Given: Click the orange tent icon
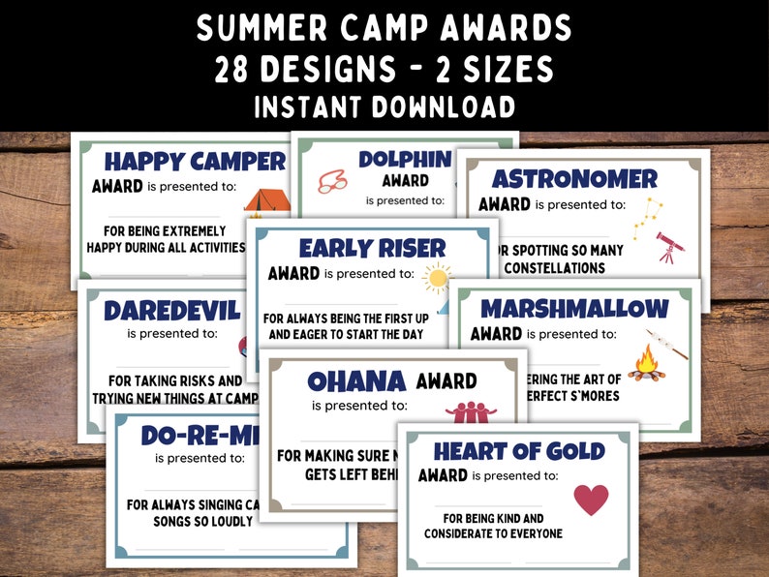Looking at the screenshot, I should coord(267,200).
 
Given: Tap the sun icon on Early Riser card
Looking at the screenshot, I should coord(438,279).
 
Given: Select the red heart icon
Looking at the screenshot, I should coord(591,499).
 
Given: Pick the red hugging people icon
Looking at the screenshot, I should coord(470,410).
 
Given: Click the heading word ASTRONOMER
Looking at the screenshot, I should coord(574,179).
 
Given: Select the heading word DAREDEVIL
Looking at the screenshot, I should coord(172,310).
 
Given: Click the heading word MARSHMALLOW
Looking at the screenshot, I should coord(574,309).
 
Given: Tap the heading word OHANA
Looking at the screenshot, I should coord(356,380).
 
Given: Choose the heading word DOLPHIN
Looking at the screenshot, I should coord(405,159).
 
